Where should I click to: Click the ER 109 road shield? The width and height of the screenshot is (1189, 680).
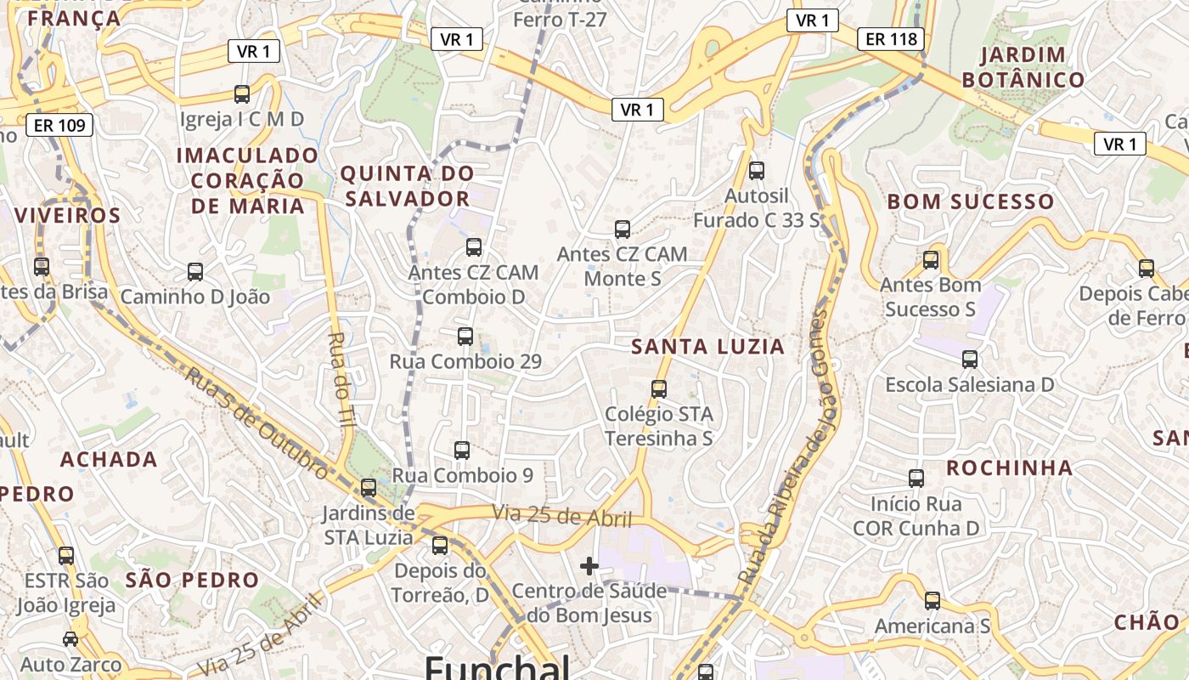tap(59, 126)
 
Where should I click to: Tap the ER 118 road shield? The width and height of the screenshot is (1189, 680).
tap(892, 38)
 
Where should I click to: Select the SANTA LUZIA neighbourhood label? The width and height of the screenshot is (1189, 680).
tap(708, 347)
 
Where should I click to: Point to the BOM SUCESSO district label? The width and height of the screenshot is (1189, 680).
tap(970, 202)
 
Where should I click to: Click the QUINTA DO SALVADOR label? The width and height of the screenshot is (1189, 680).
tap(407, 186)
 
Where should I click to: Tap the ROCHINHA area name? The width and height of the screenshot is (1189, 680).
tap(1010, 468)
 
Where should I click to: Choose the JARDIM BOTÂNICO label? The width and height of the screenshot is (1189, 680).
tap(1032, 68)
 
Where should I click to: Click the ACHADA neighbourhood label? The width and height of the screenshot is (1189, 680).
tap(109, 460)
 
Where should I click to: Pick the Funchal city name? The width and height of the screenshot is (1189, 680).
tap(497, 668)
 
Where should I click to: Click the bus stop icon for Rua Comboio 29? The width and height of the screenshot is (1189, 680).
tap(465, 336)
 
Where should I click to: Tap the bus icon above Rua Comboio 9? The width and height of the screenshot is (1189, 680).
tap(462, 450)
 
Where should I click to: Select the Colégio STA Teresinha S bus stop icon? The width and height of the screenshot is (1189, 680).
tap(659, 389)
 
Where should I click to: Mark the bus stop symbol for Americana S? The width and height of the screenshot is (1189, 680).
tap(933, 601)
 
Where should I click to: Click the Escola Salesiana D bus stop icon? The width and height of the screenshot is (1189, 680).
tap(970, 360)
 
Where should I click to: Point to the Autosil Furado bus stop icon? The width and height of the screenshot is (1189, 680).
tap(757, 171)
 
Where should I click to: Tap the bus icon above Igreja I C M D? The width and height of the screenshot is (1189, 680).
tap(242, 93)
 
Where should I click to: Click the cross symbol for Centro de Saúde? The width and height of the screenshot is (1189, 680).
tap(589, 566)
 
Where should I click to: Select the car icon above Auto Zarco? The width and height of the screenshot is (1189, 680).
tap(70, 638)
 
